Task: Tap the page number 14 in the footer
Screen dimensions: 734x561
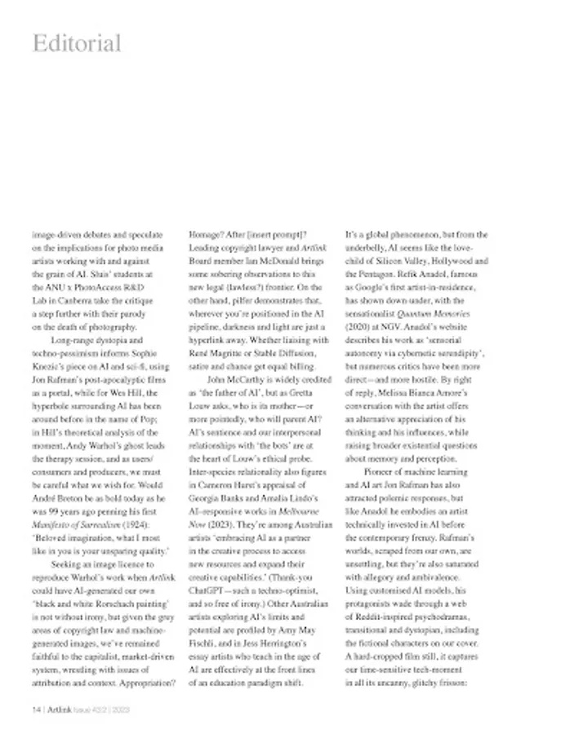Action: point(37,710)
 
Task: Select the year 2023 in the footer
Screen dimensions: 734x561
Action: point(120,710)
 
